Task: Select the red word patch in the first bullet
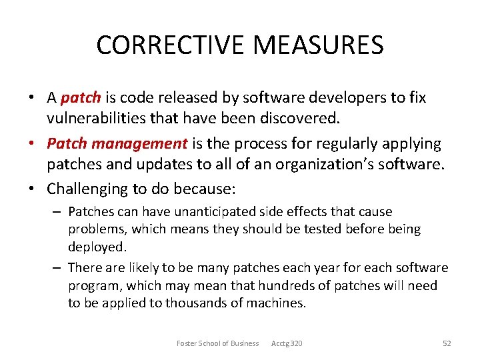point(80,98)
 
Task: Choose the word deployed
point(96,247)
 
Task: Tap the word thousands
point(195,303)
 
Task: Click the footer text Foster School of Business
point(217,343)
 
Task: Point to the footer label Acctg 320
point(287,343)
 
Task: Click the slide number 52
point(447,343)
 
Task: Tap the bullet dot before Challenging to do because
point(32,189)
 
